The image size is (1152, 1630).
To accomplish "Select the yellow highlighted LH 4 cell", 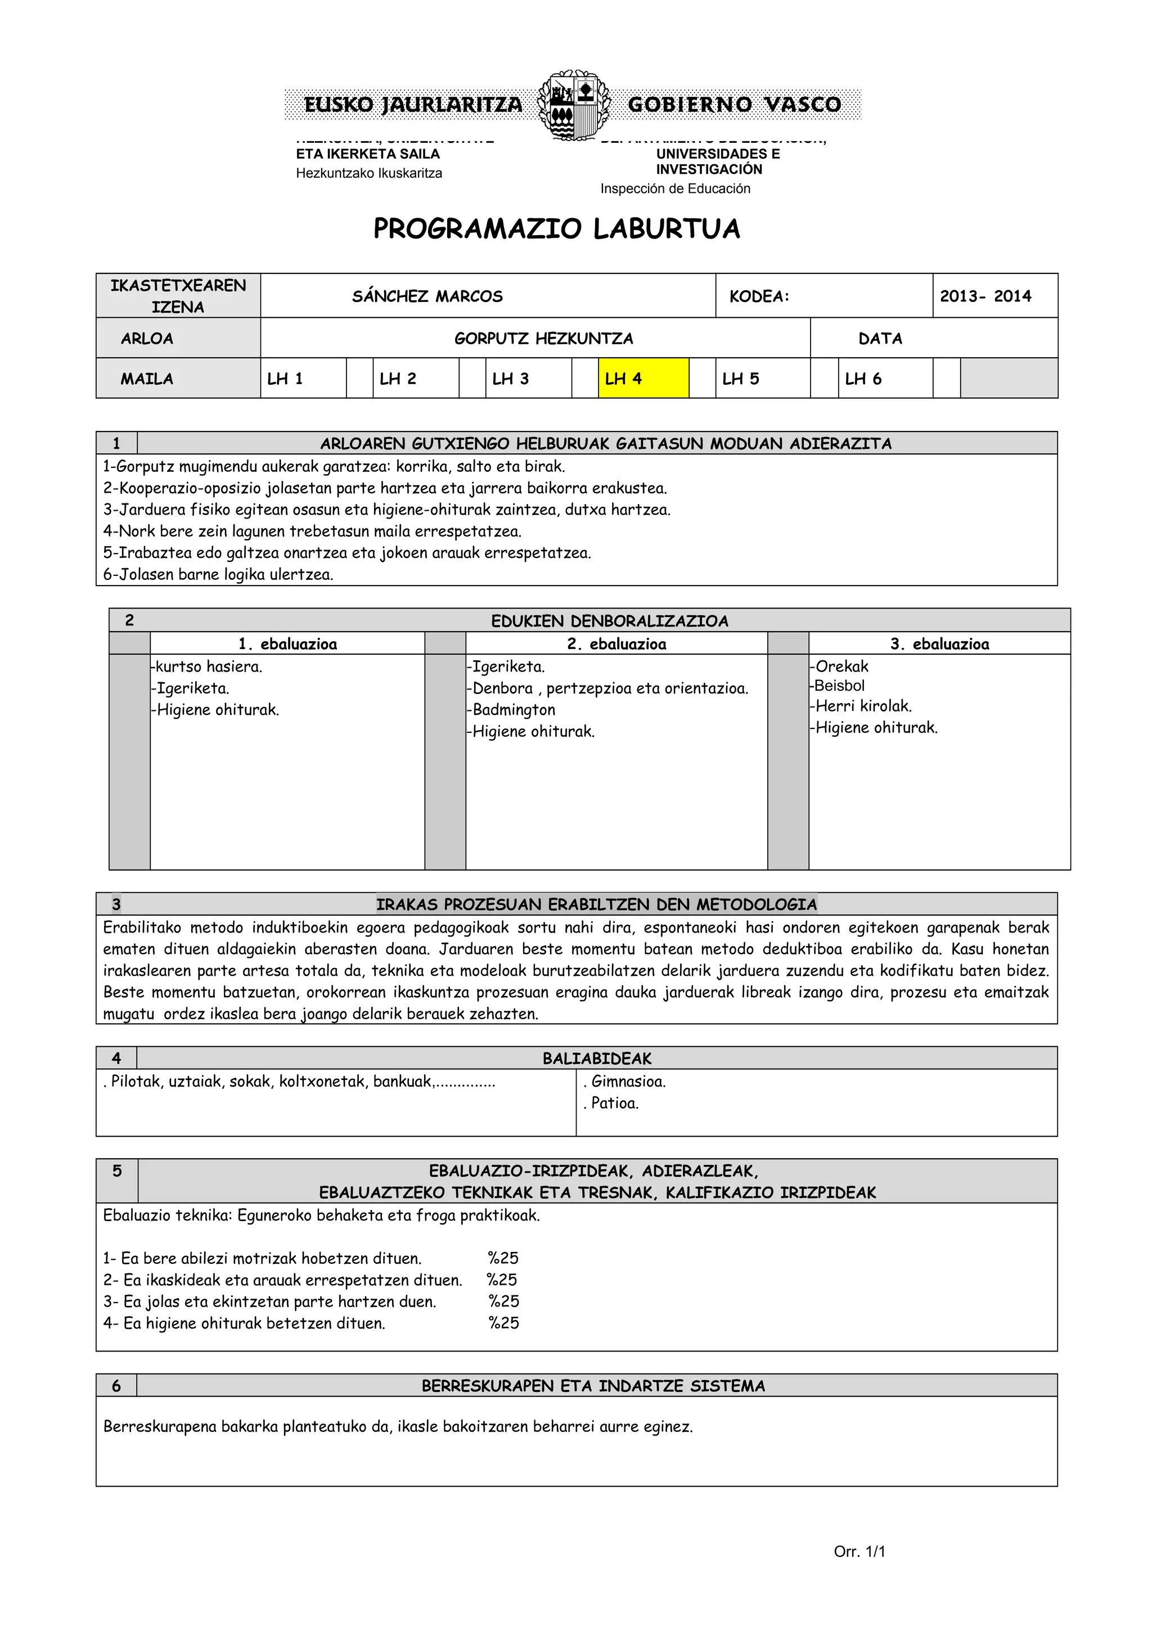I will click(x=642, y=379).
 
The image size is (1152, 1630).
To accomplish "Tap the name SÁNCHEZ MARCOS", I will click(x=427, y=296).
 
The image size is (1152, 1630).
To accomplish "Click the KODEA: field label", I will click(x=759, y=296).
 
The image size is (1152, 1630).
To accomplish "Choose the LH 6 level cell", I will click(x=863, y=379).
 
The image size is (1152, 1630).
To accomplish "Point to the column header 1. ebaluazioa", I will click(x=287, y=644).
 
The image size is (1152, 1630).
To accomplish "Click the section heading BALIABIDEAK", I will click(x=596, y=1059).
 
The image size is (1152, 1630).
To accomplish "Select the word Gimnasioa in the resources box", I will click(x=628, y=1081).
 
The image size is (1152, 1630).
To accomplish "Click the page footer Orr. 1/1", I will click(x=859, y=1552).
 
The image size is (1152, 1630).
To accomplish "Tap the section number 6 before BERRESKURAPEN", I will click(x=116, y=1385).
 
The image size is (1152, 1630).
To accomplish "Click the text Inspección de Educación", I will click(x=674, y=188).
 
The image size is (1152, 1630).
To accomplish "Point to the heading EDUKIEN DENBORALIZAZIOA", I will click(x=609, y=621).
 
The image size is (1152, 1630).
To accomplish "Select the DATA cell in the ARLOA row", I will click(x=880, y=338).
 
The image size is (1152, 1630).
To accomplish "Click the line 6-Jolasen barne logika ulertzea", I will click(x=218, y=574).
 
